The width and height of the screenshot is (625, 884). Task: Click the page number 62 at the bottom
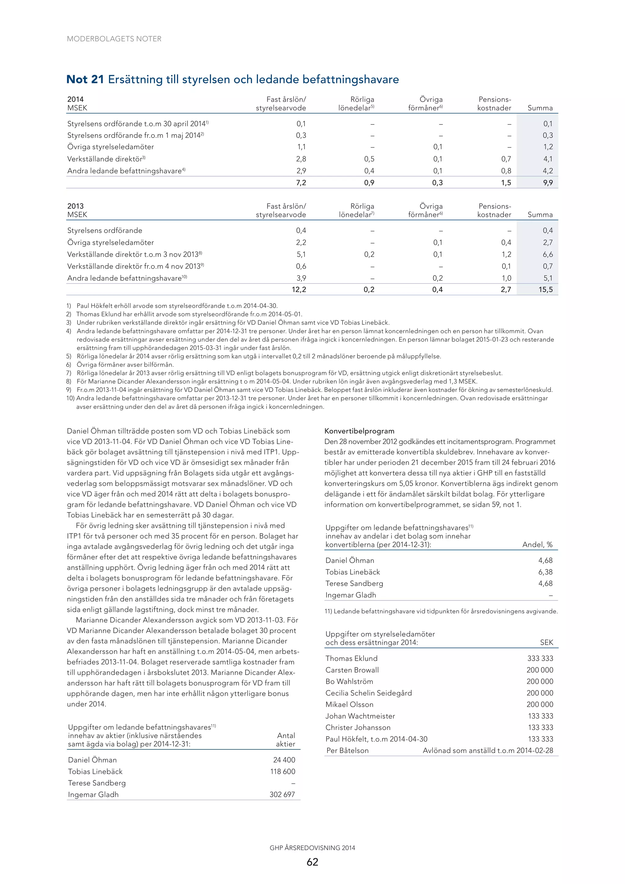[312, 862]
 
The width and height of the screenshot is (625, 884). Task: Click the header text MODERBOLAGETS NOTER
[114, 39]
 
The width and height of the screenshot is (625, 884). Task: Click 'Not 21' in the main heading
[85, 79]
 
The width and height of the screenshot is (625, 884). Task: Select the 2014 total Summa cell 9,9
[547, 182]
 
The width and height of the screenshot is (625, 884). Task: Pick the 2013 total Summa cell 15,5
[545, 290]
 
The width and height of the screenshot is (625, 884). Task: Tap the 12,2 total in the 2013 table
[299, 290]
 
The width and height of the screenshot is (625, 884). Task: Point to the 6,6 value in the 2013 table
[547, 254]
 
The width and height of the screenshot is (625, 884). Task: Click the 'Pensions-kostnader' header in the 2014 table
[494, 103]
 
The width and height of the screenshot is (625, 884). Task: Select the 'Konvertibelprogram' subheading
[359, 431]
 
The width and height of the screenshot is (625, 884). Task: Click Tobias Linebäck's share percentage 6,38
[545, 572]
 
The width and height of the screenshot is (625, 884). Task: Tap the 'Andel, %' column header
[537, 544]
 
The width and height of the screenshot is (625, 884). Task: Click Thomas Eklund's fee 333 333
[540, 658]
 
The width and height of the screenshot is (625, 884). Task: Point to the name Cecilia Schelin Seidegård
[369, 693]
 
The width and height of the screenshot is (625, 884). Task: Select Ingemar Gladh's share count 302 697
[282, 794]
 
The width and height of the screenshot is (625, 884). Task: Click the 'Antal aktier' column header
[286, 740]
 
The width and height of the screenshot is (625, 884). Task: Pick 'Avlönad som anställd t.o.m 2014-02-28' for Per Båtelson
[488, 750]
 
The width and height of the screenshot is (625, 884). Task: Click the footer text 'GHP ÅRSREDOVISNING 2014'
[312, 847]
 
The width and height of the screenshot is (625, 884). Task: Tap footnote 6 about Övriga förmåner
[125, 365]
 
